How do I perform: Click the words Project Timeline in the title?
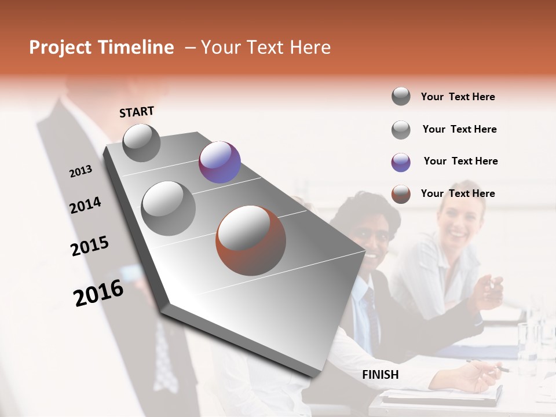pos(101,47)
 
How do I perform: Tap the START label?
pos(137,112)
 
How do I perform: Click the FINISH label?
pos(381,375)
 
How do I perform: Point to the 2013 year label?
pos(81,171)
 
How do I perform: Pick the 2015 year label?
pos(89,246)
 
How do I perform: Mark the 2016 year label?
pos(98,292)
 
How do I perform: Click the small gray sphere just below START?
pos(141,142)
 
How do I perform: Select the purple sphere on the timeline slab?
pos(220,162)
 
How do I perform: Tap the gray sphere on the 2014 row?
pos(168,208)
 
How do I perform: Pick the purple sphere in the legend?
pos(401,162)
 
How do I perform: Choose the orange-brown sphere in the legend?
pos(401,194)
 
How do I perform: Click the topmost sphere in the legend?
pos(401,96)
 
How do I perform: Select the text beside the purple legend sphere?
pos(460,161)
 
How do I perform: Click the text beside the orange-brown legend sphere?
pos(458,193)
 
